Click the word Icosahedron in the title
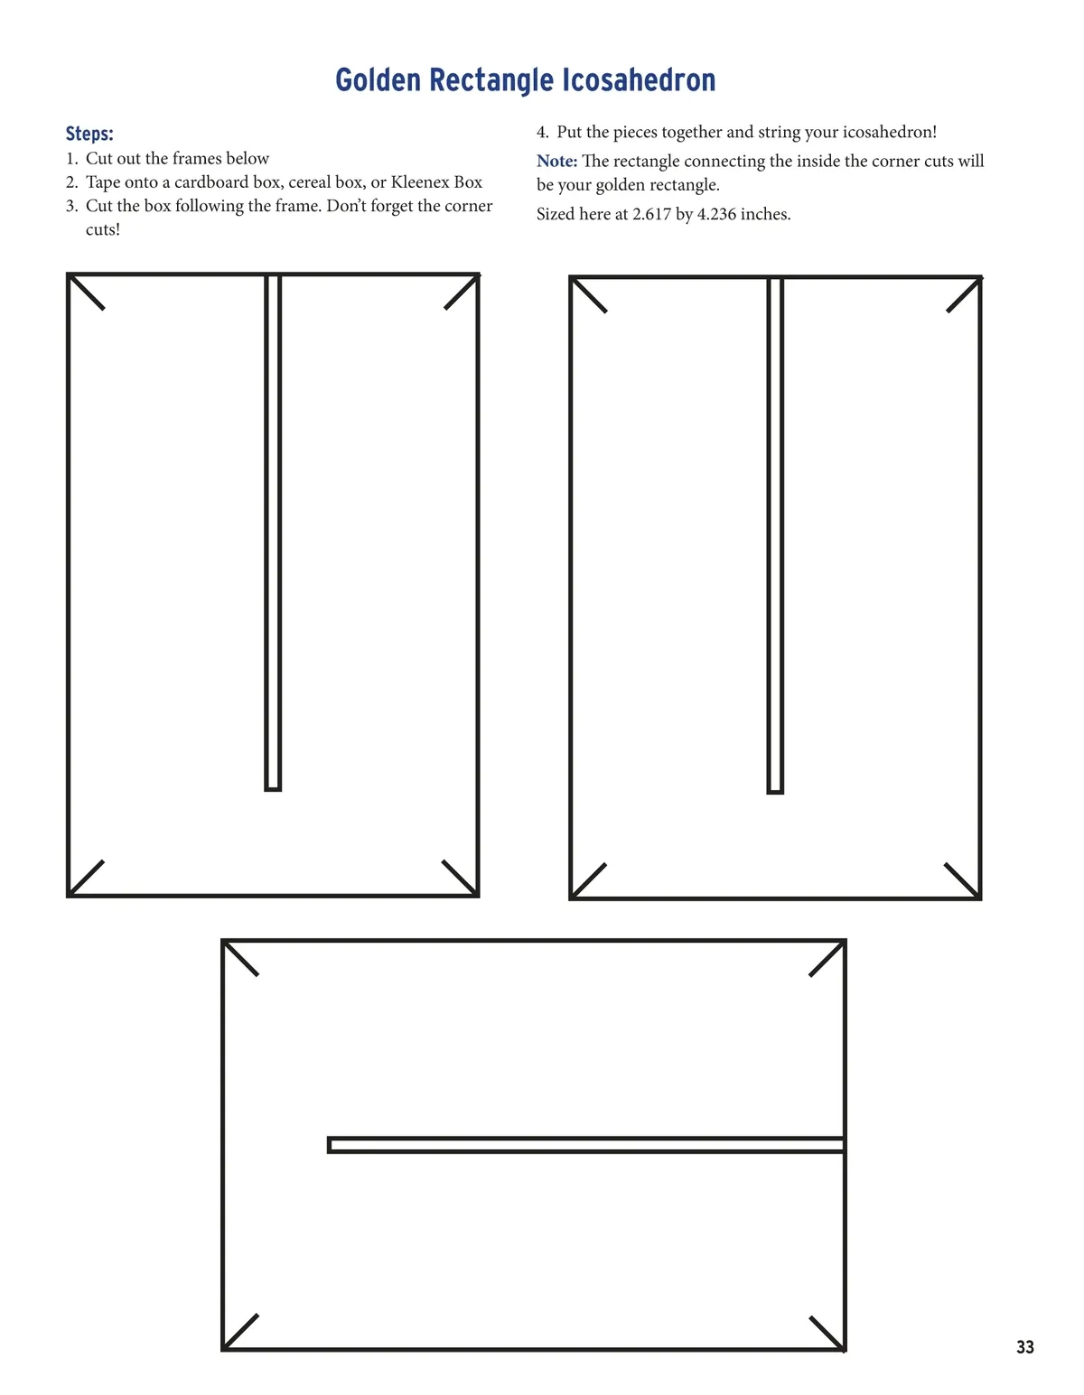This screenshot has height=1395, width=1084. pyautogui.click(x=639, y=80)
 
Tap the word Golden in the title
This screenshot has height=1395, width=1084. pyautogui.click(x=378, y=80)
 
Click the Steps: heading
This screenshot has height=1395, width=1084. pyautogui.click(x=89, y=134)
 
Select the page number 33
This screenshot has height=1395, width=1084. pyautogui.click(x=1025, y=1346)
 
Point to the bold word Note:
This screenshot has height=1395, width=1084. pyautogui.click(x=556, y=161)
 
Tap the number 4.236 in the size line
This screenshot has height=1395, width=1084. pyautogui.click(x=716, y=214)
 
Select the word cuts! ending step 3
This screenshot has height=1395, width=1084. pyautogui.click(x=103, y=230)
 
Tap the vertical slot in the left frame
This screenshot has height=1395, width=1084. pyautogui.click(x=273, y=533)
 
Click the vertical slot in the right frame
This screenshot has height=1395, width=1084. pyautogui.click(x=775, y=536)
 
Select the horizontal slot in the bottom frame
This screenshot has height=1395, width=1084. pyautogui.click(x=585, y=1145)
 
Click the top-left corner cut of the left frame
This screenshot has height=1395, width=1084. pyautogui.click(x=86, y=293)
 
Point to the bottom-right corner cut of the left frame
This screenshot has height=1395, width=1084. pyautogui.click(x=461, y=878)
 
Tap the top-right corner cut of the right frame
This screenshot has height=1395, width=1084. pyautogui.click(x=965, y=294)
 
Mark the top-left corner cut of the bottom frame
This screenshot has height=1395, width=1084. pyautogui.click(x=241, y=959)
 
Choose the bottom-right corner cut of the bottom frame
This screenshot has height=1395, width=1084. pyautogui.click(x=827, y=1334)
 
